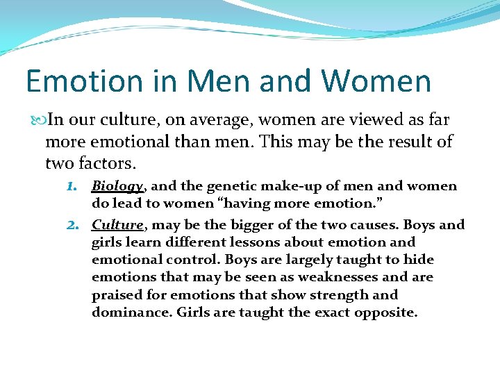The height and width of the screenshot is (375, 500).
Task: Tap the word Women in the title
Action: click(378, 81)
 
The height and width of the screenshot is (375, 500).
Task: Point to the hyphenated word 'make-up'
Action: click(288, 185)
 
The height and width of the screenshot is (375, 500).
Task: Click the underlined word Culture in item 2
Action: click(117, 225)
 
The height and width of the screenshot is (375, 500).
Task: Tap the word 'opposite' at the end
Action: click(385, 312)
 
